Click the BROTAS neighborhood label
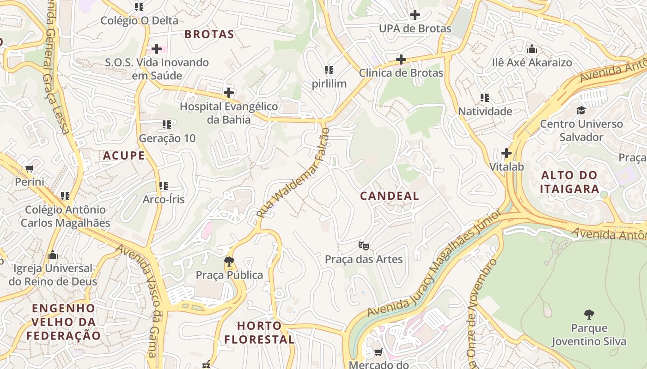point(209,34)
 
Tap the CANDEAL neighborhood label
point(389,196)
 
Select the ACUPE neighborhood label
point(124,155)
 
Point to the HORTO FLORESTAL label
point(259,333)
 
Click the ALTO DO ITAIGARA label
point(569,182)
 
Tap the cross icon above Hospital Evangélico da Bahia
point(229,93)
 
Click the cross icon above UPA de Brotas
point(415,15)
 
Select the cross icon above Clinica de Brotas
point(401,59)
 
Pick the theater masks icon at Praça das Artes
point(364,245)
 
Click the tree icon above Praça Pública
point(229,262)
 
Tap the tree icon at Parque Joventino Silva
point(589,315)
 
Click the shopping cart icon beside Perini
point(30,168)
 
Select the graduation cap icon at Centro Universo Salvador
point(581,110)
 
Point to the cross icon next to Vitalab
point(507,153)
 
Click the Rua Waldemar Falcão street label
point(293,173)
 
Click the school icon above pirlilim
point(329,70)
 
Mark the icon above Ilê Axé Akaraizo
point(532,49)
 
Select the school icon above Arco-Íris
point(163,186)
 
